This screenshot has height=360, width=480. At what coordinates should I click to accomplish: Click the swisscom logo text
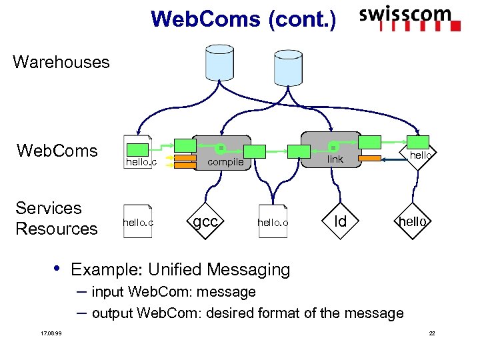405,15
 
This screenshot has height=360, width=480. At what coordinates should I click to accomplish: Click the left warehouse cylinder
219,63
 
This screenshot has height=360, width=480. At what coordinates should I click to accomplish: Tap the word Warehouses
61,63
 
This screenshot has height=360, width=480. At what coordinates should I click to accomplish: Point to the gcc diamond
205,221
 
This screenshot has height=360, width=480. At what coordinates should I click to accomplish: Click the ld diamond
340,221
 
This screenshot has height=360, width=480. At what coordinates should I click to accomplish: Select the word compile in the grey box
226,161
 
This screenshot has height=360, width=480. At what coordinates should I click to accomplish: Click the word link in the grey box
335,159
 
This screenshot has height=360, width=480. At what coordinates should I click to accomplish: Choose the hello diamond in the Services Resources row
412,221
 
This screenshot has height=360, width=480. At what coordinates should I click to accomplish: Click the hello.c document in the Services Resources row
138,221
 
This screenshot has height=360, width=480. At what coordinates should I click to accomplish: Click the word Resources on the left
56,229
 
